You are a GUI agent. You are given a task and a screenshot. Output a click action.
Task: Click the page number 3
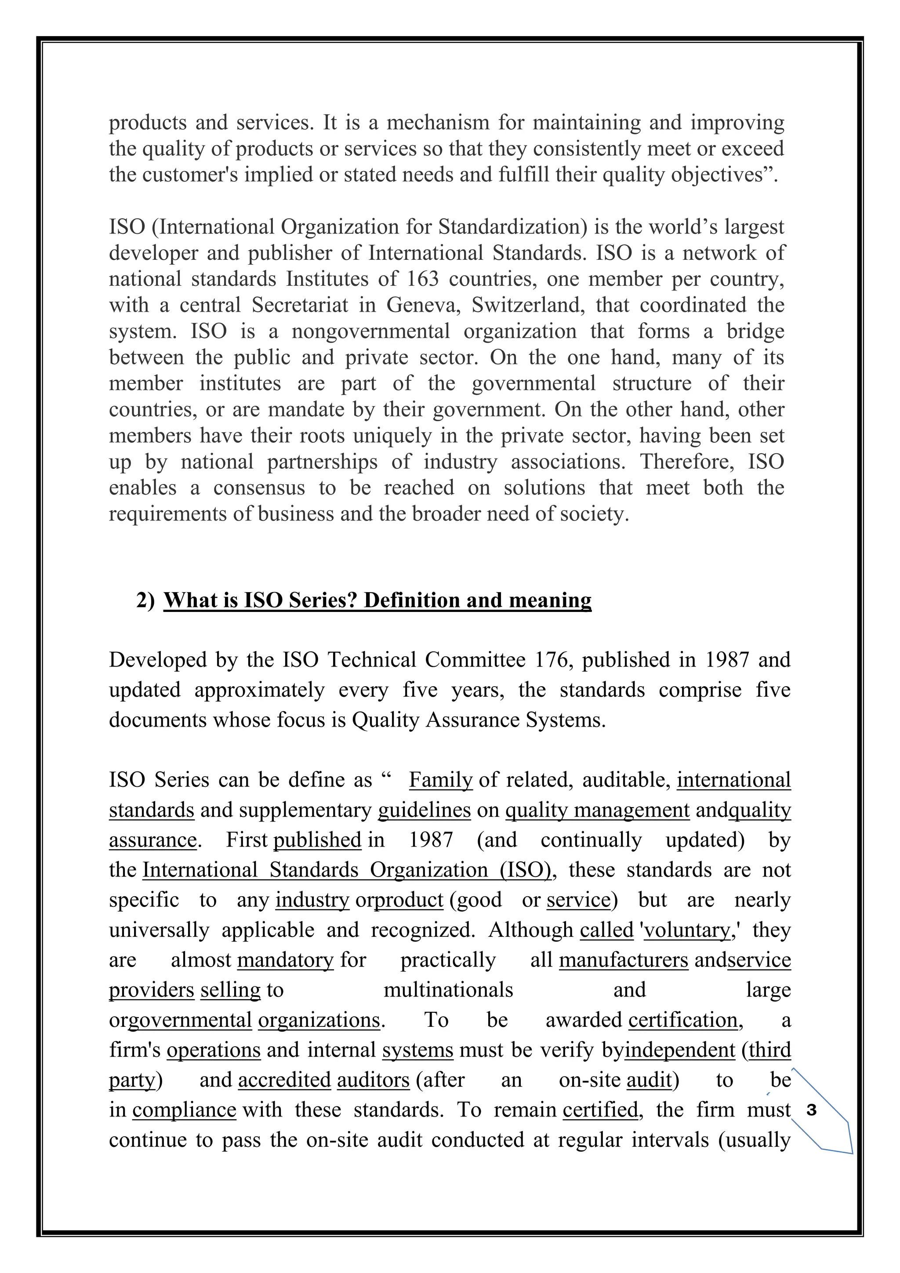click(x=812, y=1110)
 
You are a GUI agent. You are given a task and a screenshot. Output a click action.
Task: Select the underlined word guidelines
click(x=424, y=810)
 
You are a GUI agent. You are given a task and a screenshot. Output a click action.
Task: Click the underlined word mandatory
click(x=285, y=959)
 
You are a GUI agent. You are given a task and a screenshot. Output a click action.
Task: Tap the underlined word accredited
click(x=284, y=1080)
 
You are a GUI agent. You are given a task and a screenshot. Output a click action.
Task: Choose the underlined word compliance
click(x=184, y=1109)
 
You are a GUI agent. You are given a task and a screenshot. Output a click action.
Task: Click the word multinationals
click(x=448, y=989)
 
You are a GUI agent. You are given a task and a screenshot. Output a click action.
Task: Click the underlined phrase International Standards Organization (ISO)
click(x=347, y=869)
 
